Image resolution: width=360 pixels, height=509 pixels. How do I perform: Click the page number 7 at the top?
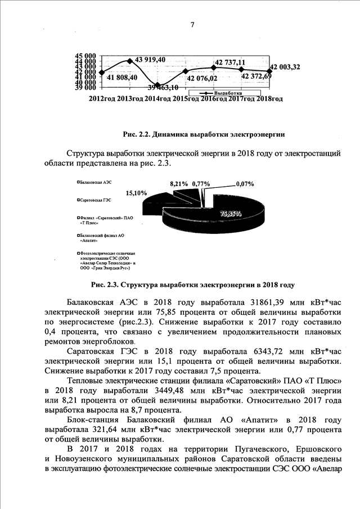(x=192, y=25)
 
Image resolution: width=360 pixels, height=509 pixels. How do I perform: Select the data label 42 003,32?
(x=285, y=67)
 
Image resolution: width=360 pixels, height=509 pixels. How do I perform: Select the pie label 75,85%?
(x=231, y=214)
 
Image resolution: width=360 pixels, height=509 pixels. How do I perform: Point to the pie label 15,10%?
(x=137, y=193)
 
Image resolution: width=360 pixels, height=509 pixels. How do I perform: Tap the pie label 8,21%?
(x=179, y=183)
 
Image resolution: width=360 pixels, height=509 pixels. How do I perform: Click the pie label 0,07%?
(x=245, y=183)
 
